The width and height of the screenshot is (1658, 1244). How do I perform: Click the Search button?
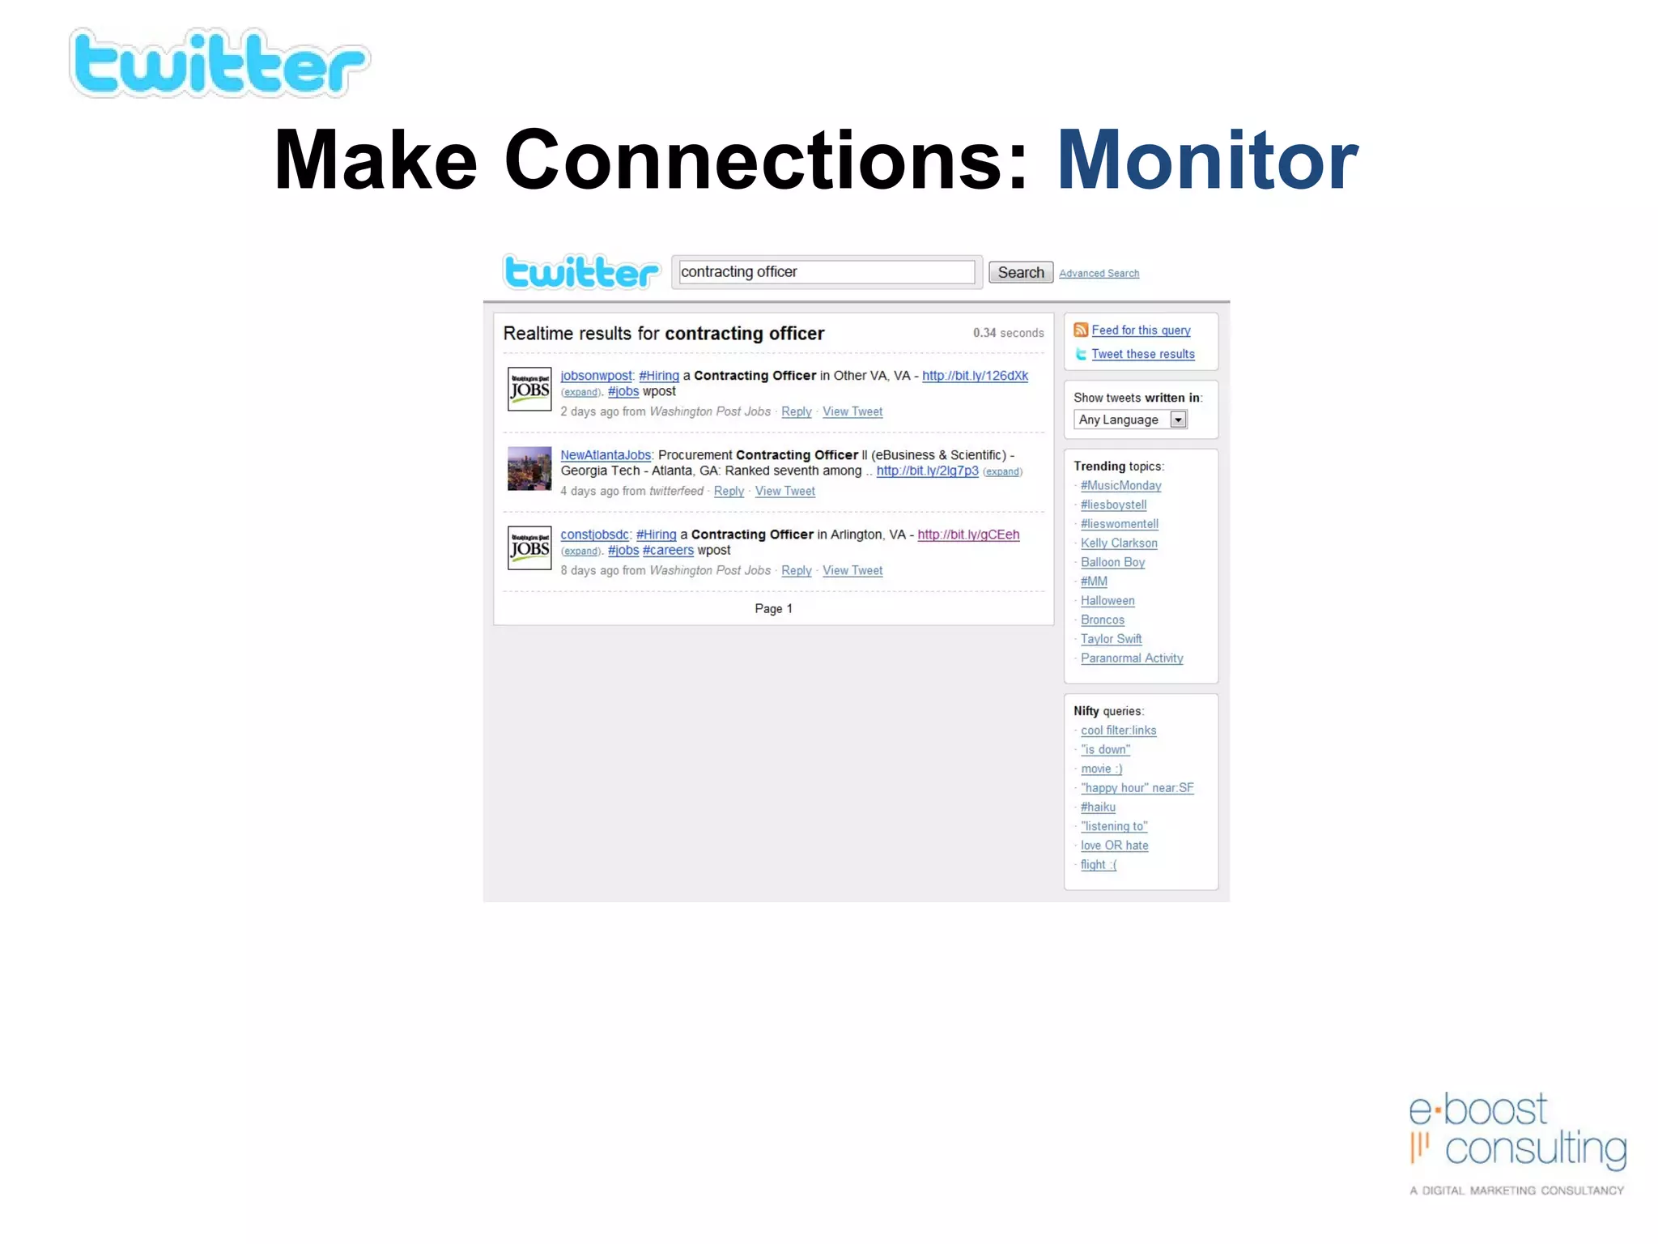tap(1020, 273)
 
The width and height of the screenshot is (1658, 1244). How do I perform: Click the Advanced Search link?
tap(1099, 274)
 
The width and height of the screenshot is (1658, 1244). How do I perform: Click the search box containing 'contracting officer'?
tap(826, 272)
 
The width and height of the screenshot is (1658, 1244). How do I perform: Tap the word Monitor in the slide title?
tap(1207, 161)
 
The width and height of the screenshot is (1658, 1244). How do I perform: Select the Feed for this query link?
tap(1141, 330)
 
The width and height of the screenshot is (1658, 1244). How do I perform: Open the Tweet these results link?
tap(1142, 354)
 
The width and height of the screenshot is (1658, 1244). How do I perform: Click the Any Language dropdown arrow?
tap(1179, 420)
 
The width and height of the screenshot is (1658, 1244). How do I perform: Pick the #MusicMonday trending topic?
tap(1120, 486)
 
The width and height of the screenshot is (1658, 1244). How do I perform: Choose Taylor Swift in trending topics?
tap(1111, 639)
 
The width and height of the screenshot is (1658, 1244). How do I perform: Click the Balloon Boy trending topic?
tap(1112, 562)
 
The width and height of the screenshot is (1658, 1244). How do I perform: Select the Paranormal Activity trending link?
tap(1132, 658)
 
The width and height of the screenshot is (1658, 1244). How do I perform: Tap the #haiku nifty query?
tap(1098, 807)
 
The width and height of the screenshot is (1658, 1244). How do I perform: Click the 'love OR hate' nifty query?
tap(1114, 846)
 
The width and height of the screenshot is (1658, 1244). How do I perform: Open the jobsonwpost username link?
tap(596, 376)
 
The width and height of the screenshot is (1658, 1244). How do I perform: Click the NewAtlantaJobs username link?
tap(606, 455)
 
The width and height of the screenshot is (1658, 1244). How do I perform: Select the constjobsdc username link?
tap(594, 535)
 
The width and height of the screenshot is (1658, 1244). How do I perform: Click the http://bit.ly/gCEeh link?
tap(968, 535)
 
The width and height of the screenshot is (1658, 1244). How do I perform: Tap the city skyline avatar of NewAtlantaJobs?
tap(529, 469)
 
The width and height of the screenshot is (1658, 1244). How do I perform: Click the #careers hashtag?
tap(668, 551)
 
